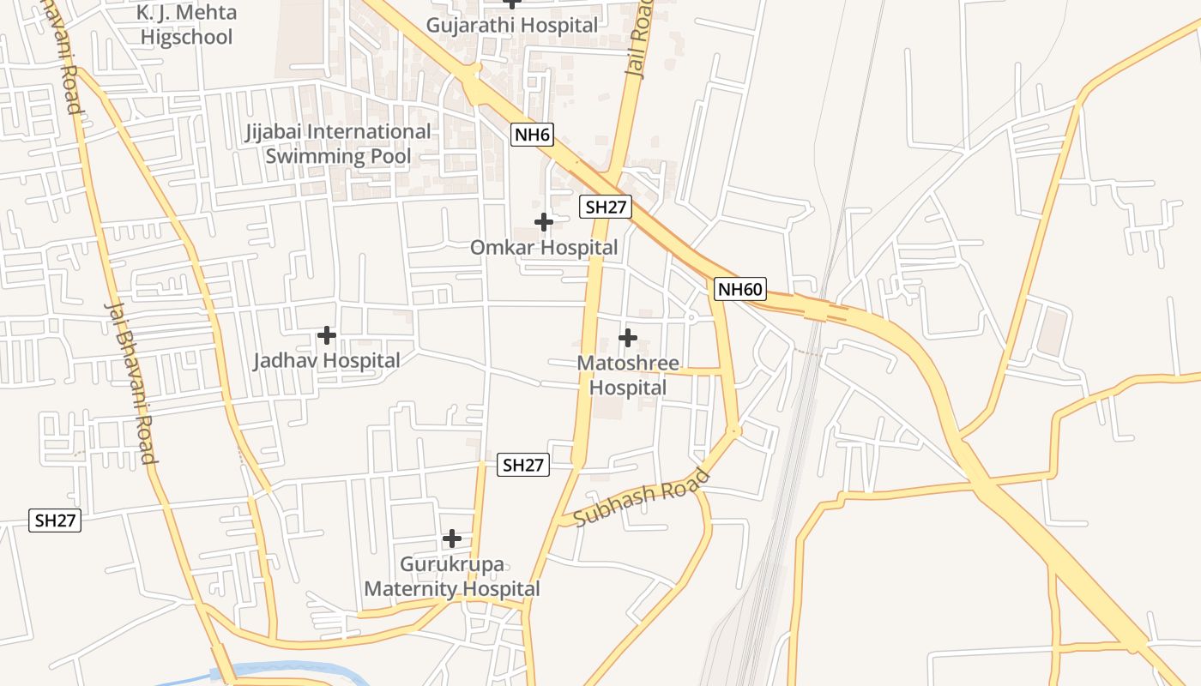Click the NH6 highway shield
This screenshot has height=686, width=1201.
pos(532,134)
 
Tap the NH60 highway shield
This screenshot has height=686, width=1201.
pos(739,289)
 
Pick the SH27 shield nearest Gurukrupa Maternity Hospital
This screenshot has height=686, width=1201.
pos(523,465)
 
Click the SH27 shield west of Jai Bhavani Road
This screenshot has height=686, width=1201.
pos(56,521)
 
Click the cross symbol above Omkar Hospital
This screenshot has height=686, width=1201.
pos(543,222)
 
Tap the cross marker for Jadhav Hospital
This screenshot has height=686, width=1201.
pos(327,334)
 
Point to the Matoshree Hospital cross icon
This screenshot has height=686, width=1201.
pos(628,338)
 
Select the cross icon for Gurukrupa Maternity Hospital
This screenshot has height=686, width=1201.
pos(452,539)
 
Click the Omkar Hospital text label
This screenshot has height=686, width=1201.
pos(543,248)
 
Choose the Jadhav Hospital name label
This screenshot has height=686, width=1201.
pos(326,361)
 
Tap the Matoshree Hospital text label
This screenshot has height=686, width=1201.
pos(628,376)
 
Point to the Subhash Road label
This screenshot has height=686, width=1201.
pos(642,498)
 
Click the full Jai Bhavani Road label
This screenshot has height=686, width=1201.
pos(131,382)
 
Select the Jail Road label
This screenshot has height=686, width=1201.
pos(640,39)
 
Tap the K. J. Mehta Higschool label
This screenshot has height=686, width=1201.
pos(186,25)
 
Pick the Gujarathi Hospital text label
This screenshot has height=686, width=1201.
pos(512,25)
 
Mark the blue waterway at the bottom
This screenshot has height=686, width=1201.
pos(283,670)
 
